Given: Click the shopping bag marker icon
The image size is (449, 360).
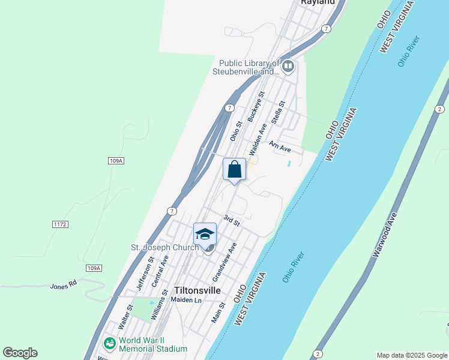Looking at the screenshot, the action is pyautogui.click(x=235, y=169).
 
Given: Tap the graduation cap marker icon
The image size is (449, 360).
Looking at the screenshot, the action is pyautogui.click(x=205, y=233).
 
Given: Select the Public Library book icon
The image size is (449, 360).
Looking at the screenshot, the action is pyautogui.click(x=288, y=66).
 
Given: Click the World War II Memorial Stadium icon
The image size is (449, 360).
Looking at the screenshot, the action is pyautogui.click(x=109, y=344).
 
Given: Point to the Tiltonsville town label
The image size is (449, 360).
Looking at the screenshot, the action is pyautogui.click(x=197, y=290).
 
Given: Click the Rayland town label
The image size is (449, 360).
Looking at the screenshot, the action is pyautogui.click(x=318, y=2).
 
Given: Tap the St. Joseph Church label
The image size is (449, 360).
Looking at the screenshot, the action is pyautogui.click(x=164, y=247).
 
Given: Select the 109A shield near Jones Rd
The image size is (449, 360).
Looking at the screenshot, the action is pyautogui.click(x=94, y=268).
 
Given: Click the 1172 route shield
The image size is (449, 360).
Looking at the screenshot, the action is pyautogui.click(x=60, y=224).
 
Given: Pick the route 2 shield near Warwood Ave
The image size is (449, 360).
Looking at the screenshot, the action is pyautogui.click(x=439, y=109).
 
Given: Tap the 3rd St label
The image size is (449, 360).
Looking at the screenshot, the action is pyautogui.click(x=232, y=220).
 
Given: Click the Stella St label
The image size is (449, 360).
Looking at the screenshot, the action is pyautogui.click(x=277, y=112).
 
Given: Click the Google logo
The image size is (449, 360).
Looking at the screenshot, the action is pyautogui.click(x=20, y=352).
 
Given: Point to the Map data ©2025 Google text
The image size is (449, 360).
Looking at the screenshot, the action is pyautogui.click(x=412, y=355).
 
